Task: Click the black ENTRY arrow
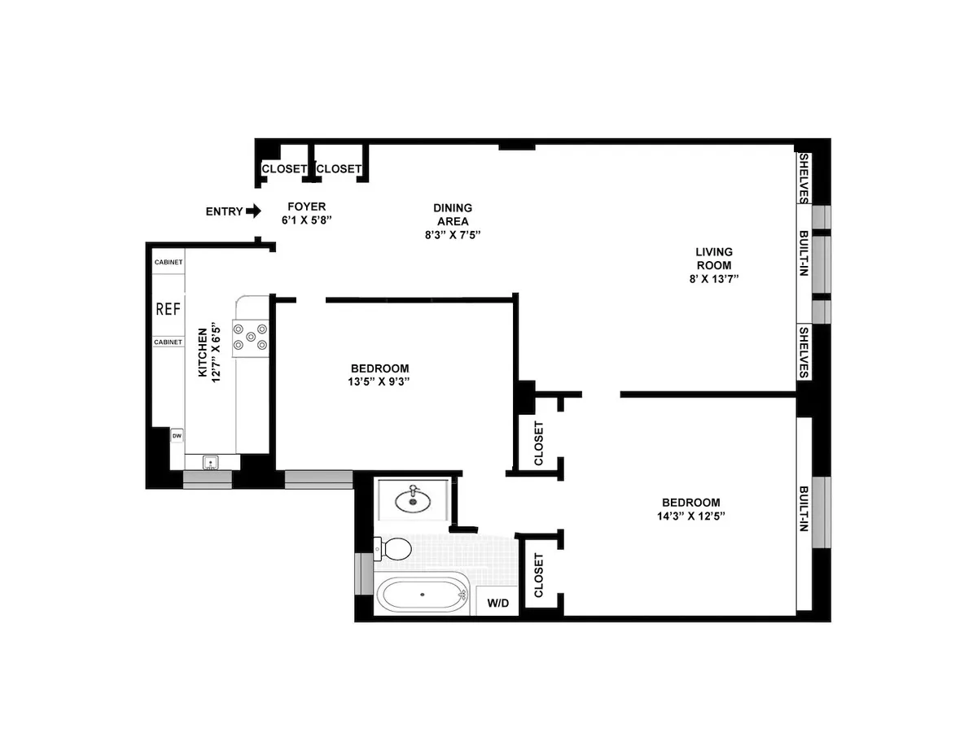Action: point(253,211)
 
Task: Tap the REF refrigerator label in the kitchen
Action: point(168,309)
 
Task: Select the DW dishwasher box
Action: point(177,436)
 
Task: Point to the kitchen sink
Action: point(211,463)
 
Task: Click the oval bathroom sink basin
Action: point(413,500)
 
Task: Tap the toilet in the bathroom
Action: point(394,548)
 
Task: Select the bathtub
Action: point(423,594)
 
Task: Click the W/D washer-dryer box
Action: point(497,604)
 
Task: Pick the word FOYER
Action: point(306,207)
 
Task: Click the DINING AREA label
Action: point(452,214)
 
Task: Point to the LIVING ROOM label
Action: point(713,258)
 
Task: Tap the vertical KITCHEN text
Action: point(203,352)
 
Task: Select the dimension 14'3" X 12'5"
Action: point(690,516)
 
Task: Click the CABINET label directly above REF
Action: point(169,262)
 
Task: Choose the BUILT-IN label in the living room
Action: point(804,254)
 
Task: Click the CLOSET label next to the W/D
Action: point(538,576)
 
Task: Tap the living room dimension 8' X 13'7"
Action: point(713,279)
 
